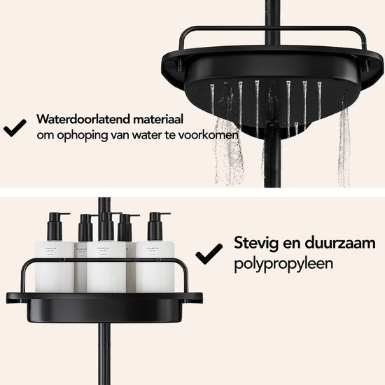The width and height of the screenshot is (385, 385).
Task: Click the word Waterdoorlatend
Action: point(83,119)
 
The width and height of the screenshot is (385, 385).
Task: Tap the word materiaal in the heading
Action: point(158,119)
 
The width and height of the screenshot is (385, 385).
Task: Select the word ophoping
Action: point(83,136)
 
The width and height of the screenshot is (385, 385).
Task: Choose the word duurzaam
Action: point(340,243)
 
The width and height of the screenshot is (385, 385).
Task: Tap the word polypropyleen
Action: point(283,264)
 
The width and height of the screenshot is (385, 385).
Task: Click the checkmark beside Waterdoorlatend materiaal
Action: point(15,127)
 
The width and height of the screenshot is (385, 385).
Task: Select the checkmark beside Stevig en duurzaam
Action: point(209,254)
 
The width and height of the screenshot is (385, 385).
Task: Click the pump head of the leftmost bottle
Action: point(57,226)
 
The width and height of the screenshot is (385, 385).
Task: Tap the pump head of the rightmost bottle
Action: point(157,226)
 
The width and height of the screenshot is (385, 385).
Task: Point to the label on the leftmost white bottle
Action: point(50,250)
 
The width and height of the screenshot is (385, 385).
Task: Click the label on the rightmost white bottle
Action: point(153,250)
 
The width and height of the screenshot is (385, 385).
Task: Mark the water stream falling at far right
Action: point(344,146)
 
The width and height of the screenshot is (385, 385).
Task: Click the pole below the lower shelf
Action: point(104,353)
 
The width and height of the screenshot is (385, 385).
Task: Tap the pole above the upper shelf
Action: point(272,22)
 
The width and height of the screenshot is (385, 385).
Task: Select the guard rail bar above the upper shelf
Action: point(272,29)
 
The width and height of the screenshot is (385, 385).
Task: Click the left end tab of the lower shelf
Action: point(15,297)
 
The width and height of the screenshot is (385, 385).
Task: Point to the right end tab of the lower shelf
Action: point(195,297)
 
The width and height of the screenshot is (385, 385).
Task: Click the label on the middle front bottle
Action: point(106,250)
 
